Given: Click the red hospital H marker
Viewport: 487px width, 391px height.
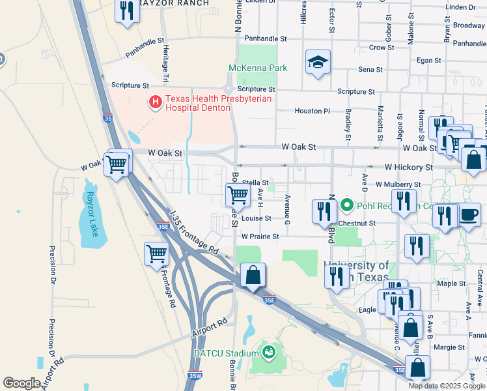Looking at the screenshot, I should pos(156,102).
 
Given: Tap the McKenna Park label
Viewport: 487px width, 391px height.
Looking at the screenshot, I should pos(258,68).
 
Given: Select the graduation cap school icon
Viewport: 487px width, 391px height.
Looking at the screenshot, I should pos(318,63).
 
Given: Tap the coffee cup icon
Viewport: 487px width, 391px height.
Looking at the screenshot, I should pos(470,214).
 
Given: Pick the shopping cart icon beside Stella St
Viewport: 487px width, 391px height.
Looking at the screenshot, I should pos(238,194).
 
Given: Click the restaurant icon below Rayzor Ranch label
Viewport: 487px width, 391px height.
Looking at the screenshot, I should pos(127,10).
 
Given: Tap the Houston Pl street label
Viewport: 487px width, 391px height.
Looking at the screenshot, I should pos(313,111).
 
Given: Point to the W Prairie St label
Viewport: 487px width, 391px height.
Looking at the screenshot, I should pos(260,237).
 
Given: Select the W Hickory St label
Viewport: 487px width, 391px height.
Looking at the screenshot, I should pos(408,167).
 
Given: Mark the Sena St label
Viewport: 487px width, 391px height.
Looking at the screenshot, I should pos(370,69).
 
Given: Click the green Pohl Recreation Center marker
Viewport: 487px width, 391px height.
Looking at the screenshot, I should pos(346,206).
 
